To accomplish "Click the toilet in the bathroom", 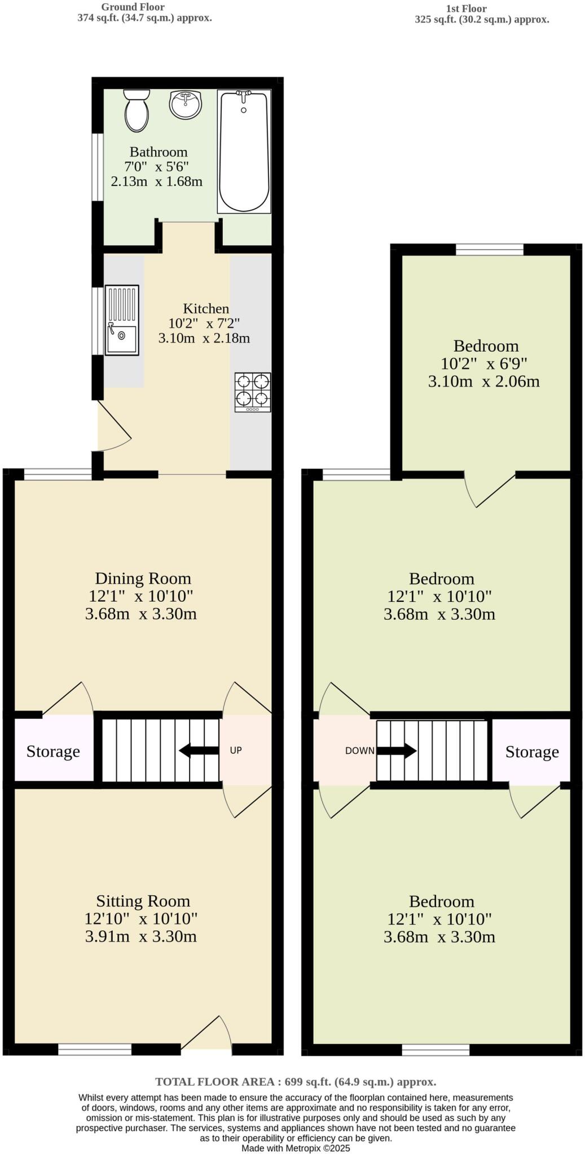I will click(137, 110).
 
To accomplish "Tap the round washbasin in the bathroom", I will click(186, 104).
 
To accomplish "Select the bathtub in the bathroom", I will click(244, 151).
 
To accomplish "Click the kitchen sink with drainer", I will click(122, 320).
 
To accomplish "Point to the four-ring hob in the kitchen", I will click(253, 392).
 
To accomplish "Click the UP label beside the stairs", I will click(236, 750).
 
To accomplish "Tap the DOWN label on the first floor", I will click(359, 751).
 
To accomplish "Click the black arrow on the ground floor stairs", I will click(199, 751).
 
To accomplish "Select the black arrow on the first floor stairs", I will click(397, 751).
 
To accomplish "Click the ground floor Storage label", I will click(53, 751).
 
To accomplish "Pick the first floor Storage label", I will click(532, 752).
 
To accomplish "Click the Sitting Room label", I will click(143, 900).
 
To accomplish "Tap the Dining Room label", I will click(143, 578).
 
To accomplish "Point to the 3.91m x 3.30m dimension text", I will click(141, 936).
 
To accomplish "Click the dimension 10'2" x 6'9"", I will click(484, 363).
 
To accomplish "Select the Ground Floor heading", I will click(133, 7).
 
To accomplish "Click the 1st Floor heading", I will click(466, 8).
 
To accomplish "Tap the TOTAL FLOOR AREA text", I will click(296, 1081).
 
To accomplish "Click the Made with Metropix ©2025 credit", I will click(296, 1148).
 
